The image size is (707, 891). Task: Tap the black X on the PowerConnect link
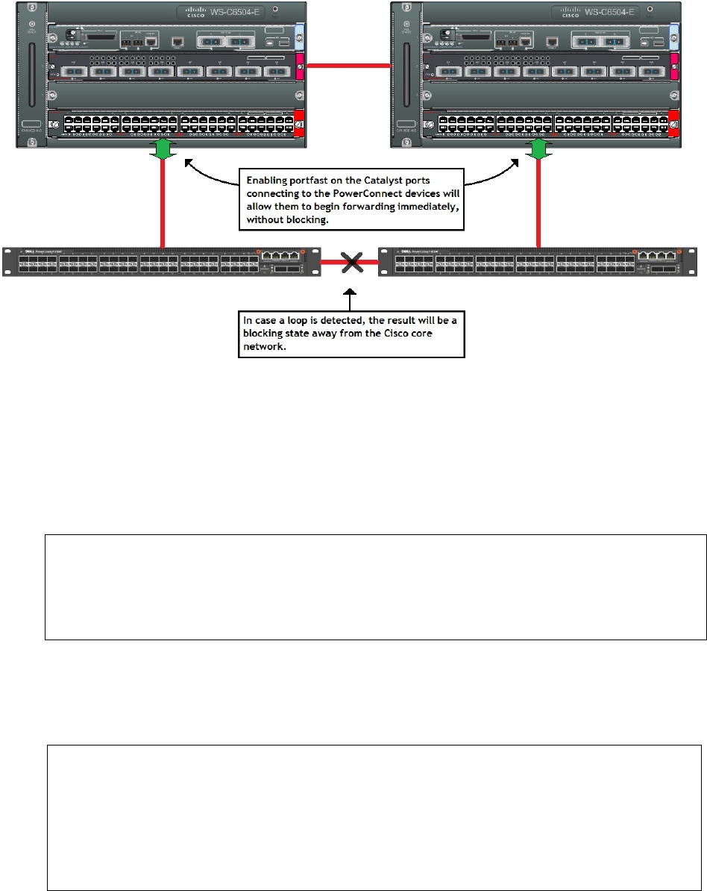click(350, 263)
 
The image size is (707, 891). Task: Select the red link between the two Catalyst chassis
click(350, 68)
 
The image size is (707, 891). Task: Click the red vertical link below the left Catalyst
click(163, 201)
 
